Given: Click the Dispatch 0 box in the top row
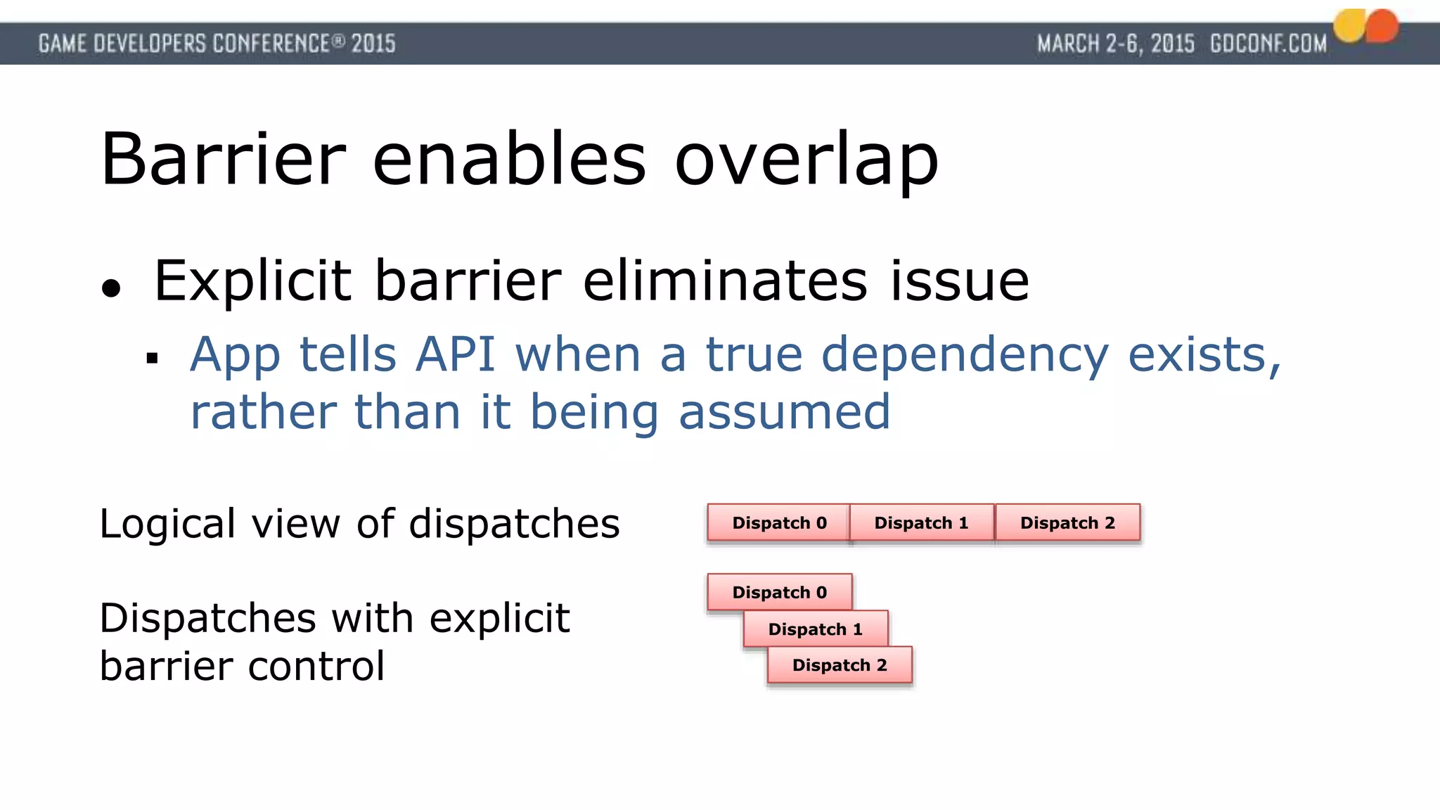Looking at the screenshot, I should (778, 522).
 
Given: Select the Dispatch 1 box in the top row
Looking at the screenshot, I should (921, 522).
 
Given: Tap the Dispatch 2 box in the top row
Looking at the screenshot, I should (1067, 522).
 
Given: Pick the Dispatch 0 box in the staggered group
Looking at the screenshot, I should (779, 592).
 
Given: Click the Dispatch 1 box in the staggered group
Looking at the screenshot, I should (816, 629).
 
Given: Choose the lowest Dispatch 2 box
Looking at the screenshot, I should (840, 665).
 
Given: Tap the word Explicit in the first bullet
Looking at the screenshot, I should (252, 281).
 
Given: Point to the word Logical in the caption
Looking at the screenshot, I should (167, 525).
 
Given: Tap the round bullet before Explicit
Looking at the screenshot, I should (111, 288).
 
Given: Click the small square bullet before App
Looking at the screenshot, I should (152, 359).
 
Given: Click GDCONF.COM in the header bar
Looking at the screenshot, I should (1268, 44).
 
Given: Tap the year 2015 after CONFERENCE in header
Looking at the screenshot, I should (373, 44).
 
